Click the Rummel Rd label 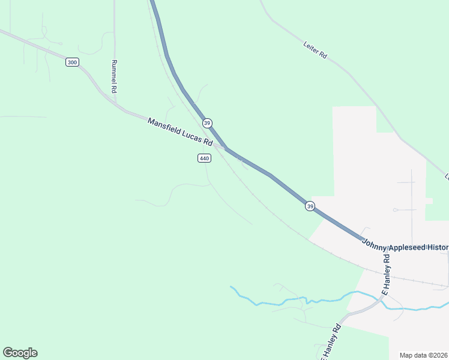coord(113,76)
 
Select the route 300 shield coord(72,62)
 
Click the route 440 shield coord(204,158)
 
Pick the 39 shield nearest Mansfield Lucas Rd coord(207,123)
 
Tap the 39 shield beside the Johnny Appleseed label coord(310,206)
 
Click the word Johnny coord(375,241)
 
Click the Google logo coord(20,353)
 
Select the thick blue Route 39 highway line coord(270,175)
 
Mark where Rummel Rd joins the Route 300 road coord(114,101)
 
